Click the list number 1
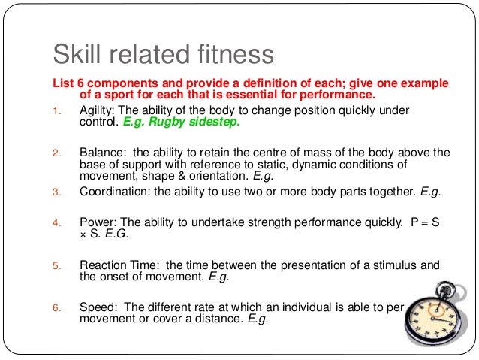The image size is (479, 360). click(54, 110)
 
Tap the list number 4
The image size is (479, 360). click(54, 223)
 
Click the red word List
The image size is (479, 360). click(61, 82)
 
